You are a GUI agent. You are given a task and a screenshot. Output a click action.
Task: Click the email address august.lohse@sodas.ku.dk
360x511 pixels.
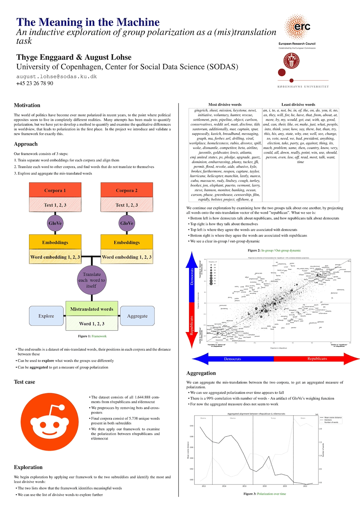click(56, 77)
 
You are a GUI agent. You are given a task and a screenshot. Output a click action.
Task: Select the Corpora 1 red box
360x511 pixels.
click(55, 190)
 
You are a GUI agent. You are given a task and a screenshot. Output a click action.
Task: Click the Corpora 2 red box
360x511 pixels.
click(127, 190)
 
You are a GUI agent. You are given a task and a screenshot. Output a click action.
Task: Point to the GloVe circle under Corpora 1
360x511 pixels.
click(55, 223)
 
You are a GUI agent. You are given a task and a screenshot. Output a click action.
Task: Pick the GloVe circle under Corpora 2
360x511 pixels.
click(127, 223)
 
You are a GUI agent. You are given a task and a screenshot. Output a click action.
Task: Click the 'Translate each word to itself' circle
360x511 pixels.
click(92, 280)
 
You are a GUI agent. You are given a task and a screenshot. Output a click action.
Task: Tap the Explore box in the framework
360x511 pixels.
click(46, 316)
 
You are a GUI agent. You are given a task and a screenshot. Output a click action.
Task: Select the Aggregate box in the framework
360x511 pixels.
click(137, 316)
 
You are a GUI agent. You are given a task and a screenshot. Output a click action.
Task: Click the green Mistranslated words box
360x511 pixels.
click(92, 309)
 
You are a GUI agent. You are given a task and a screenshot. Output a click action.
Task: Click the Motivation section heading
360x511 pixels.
click(27, 105)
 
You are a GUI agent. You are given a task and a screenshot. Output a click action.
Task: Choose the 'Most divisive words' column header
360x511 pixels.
click(225, 105)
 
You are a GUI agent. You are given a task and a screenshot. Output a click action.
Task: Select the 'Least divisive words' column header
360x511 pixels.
click(298, 105)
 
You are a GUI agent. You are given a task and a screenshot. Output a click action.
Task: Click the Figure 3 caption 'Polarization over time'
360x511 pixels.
click(271, 494)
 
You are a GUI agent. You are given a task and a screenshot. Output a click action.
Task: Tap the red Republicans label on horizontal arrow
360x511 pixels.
click(317, 359)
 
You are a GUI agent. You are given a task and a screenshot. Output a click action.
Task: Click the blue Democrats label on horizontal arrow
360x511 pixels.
click(233, 359)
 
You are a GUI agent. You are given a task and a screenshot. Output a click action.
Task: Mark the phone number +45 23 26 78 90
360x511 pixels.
click(35, 83)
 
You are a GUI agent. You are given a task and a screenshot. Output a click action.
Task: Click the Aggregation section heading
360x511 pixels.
click(201, 373)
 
